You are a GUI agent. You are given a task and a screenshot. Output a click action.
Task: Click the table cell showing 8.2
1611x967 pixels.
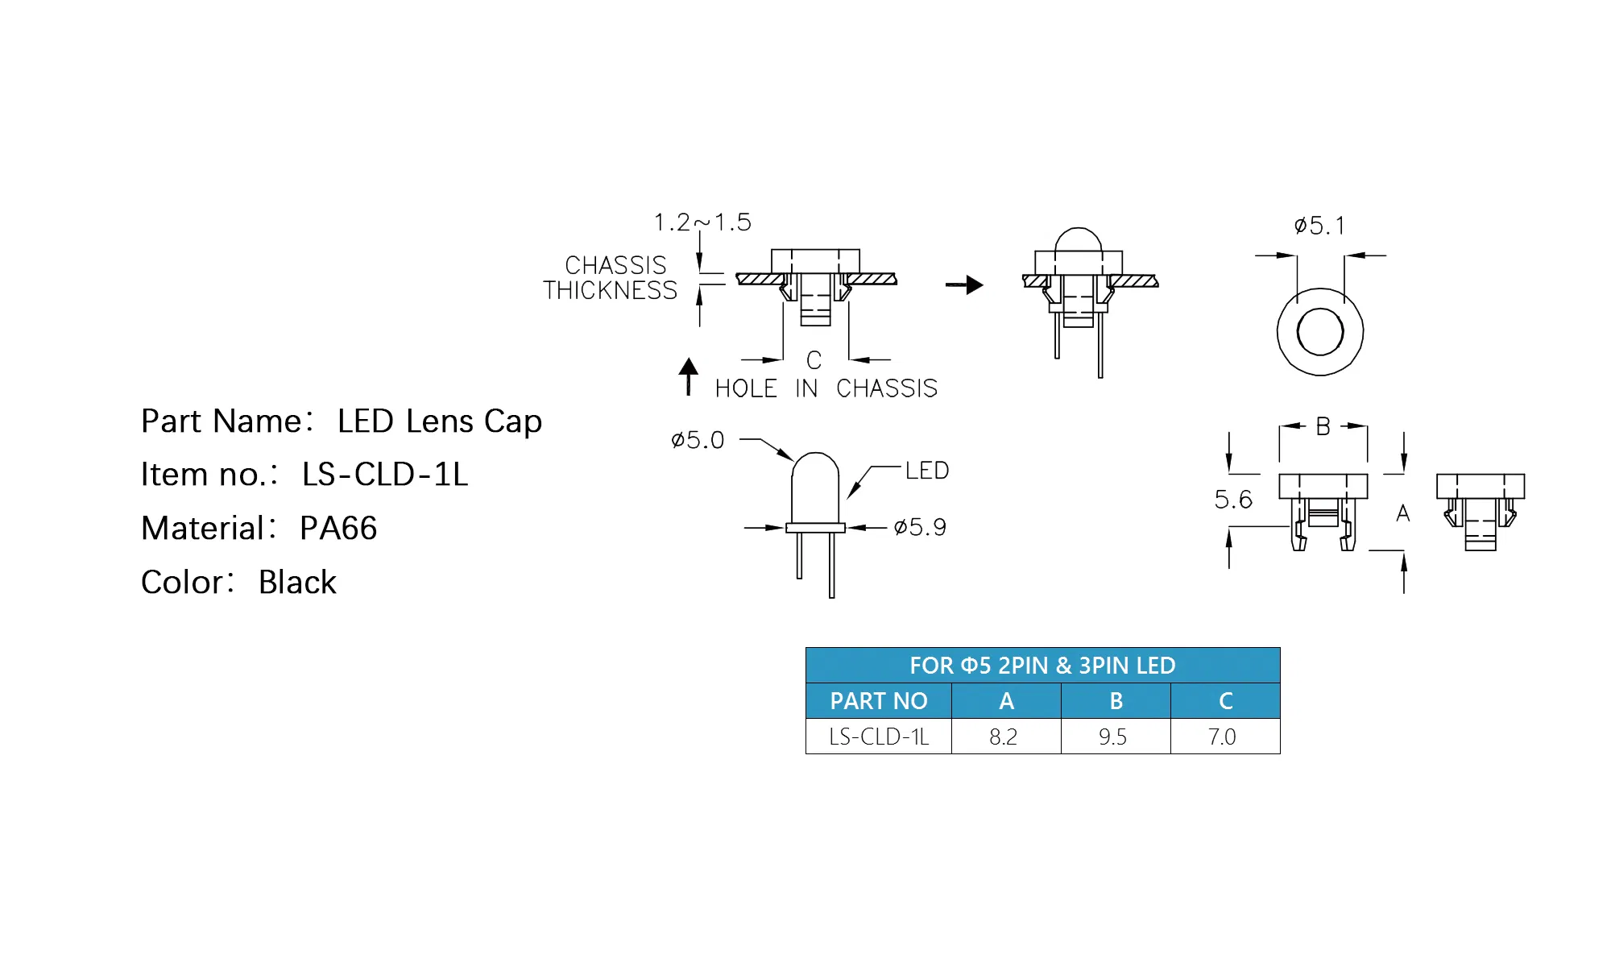pyautogui.click(x=1005, y=737)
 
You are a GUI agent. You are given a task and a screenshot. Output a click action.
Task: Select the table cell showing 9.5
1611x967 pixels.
pyautogui.click(x=1115, y=737)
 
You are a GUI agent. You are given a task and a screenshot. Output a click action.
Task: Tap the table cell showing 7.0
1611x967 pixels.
pyautogui.click(x=1224, y=737)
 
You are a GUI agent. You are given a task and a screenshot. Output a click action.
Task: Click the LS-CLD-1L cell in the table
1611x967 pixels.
pyautogui.click(x=879, y=737)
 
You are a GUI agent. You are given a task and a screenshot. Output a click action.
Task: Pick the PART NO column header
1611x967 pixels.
pyautogui.click(x=879, y=701)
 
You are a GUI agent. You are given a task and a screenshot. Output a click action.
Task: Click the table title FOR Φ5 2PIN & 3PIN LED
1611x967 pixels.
pyautogui.click(x=1042, y=666)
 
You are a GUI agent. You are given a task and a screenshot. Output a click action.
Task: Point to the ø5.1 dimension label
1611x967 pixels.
pyautogui.click(x=1319, y=226)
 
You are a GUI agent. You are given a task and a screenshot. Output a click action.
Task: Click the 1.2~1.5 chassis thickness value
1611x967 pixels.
pyautogui.click(x=702, y=222)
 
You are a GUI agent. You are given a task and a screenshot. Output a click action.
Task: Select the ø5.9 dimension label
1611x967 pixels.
pyautogui.click(x=920, y=528)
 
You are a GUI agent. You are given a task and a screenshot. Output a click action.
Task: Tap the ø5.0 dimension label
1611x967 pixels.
pyautogui.click(x=698, y=440)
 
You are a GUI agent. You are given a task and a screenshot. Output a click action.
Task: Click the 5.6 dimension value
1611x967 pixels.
pyautogui.click(x=1233, y=500)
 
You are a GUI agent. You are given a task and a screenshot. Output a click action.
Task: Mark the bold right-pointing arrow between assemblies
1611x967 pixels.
pyautogui.click(x=964, y=284)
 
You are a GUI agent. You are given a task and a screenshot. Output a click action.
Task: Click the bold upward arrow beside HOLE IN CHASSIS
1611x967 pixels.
pyautogui.click(x=688, y=376)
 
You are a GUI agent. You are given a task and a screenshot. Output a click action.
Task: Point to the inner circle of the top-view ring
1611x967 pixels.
pyautogui.click(x=1320, y=331)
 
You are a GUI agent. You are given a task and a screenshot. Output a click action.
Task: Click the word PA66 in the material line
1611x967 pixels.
pyautogui.click(x=338, y=529)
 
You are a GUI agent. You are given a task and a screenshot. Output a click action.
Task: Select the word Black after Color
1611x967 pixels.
pyautogui.click(x=297, y=583)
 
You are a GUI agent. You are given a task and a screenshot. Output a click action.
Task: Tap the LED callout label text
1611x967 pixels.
pyautogui.click(x=927, y=471)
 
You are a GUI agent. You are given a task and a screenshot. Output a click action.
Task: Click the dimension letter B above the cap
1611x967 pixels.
pyautogui.click(x=1323, y=426)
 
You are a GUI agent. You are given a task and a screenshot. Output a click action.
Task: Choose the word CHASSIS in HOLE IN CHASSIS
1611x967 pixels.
pyautogui.click(x=887, y=388)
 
